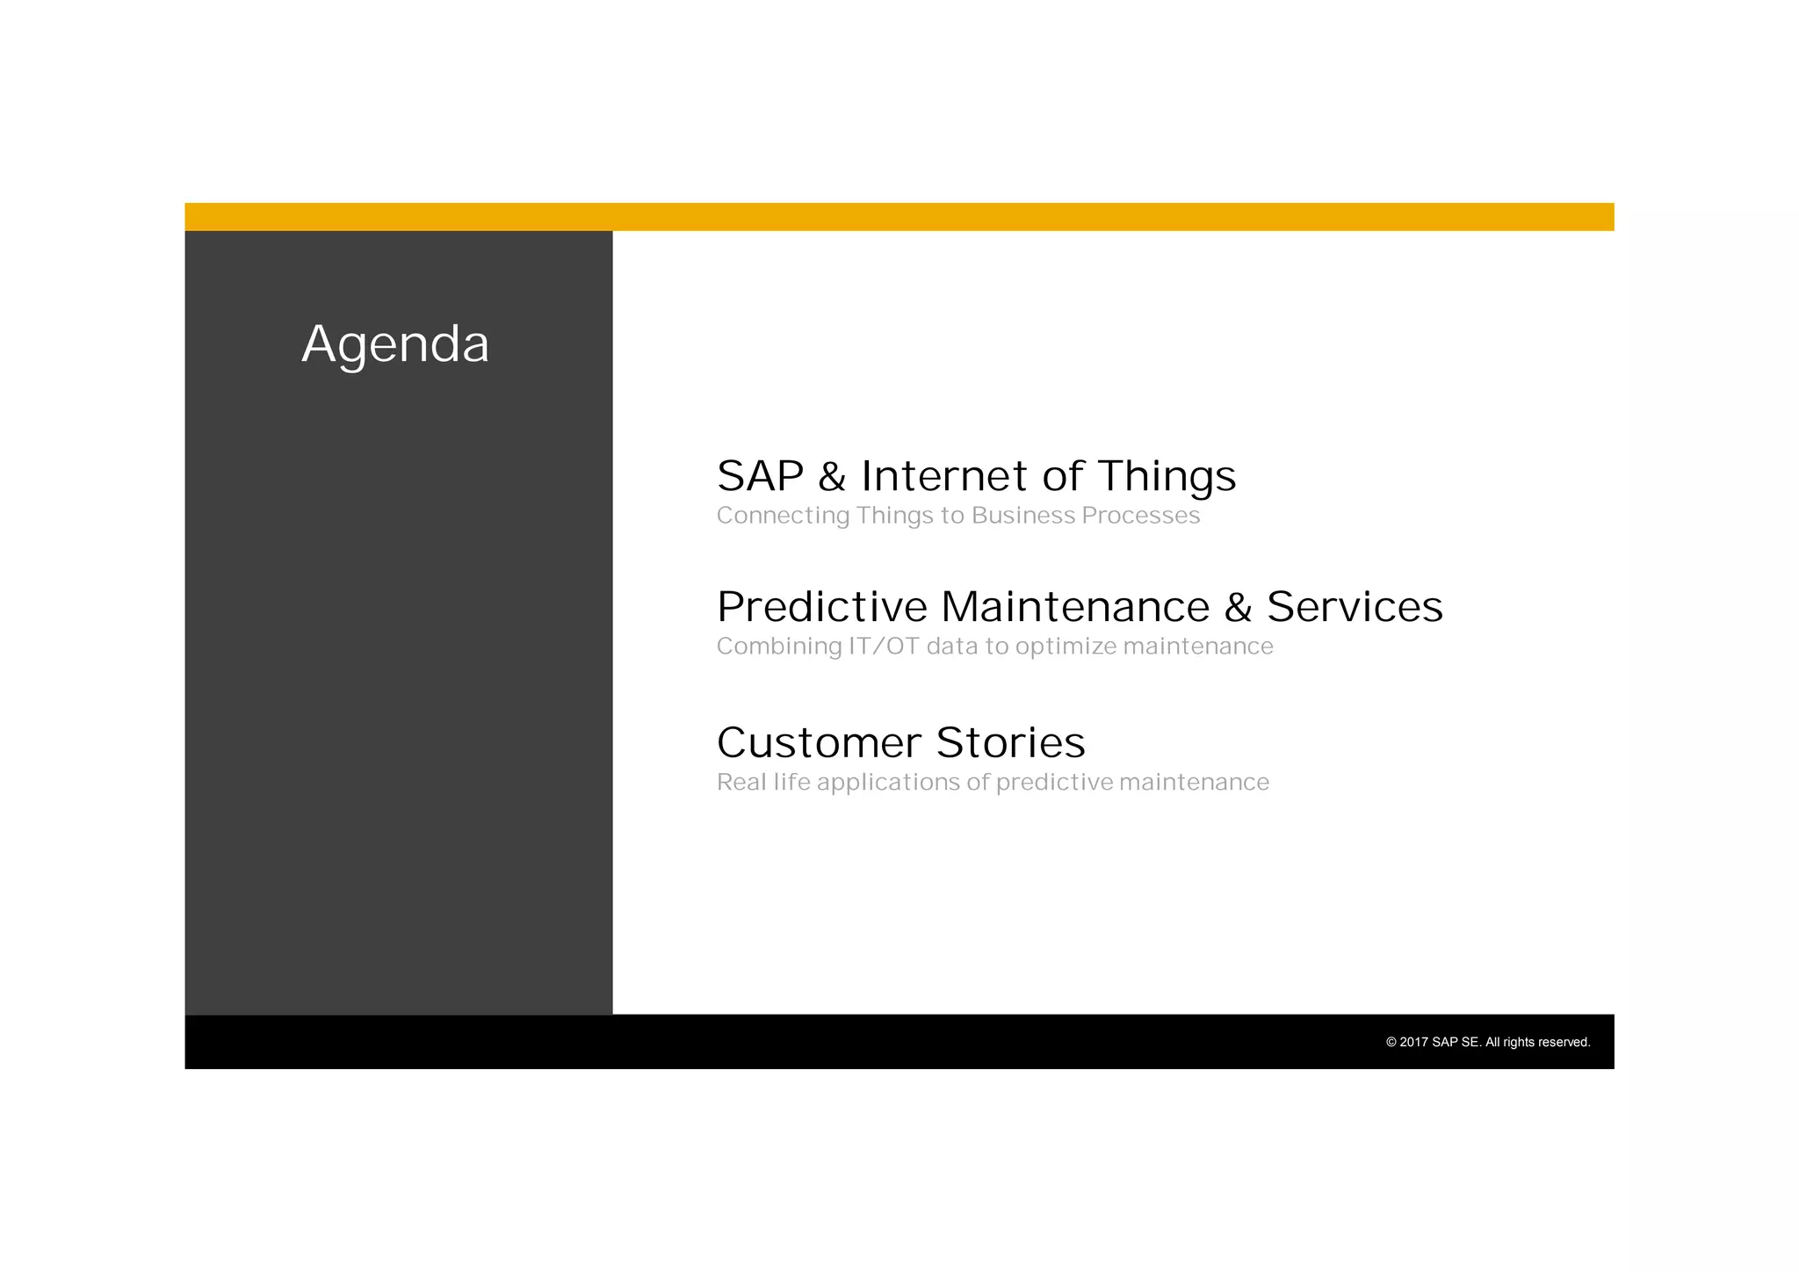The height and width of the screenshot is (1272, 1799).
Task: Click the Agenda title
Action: click(395, 344)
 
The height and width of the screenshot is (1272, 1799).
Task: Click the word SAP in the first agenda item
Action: click(760, 476)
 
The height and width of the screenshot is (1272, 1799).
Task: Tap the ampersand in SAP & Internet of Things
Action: click(831, 477)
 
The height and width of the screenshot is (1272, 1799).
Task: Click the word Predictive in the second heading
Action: click(821, 607)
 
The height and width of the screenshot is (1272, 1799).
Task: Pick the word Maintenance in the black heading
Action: click(1075, 607)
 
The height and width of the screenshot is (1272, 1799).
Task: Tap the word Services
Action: click(1354, 607)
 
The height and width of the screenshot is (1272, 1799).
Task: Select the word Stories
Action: click(1010, 743)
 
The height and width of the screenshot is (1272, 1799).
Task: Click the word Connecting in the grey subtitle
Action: click(783, 516)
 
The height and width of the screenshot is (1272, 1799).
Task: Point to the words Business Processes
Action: click(1085, 516)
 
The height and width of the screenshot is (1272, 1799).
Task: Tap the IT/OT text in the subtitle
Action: click(883, 647)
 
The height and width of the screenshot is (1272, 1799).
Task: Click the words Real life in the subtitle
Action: click(763, 782)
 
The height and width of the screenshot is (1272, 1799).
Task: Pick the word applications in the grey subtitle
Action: click(888, 783)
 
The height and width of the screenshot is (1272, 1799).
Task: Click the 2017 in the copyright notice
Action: click(1413, 1043)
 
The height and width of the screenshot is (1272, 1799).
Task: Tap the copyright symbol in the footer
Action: click(1391, 1043)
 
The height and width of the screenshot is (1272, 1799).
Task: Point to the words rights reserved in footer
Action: click(1546, 1043)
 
